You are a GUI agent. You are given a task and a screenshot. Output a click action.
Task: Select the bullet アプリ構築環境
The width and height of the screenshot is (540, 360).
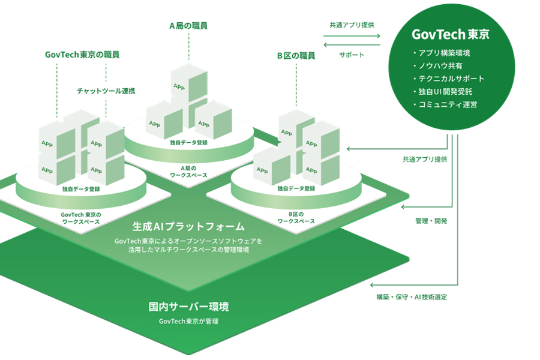tap(442, 52)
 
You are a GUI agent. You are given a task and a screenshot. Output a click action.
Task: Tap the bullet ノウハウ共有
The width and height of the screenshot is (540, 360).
tap(438, 65)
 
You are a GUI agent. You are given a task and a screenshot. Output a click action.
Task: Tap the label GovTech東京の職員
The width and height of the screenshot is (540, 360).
tap(82, 55)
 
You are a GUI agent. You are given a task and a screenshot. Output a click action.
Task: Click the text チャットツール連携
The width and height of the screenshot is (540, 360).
tap(106, 91)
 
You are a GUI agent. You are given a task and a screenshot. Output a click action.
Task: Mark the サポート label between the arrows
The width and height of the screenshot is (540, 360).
tap(352, 55)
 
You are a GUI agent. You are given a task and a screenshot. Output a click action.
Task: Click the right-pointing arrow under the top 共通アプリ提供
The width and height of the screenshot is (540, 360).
tap(352, 36)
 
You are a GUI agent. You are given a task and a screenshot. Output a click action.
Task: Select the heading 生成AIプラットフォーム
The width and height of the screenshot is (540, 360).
tap(188, 227)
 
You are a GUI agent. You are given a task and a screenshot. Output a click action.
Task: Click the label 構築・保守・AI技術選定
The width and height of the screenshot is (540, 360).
tap(412, 297)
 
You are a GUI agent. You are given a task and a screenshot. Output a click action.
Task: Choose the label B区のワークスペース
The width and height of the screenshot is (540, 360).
tap(296, 217)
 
